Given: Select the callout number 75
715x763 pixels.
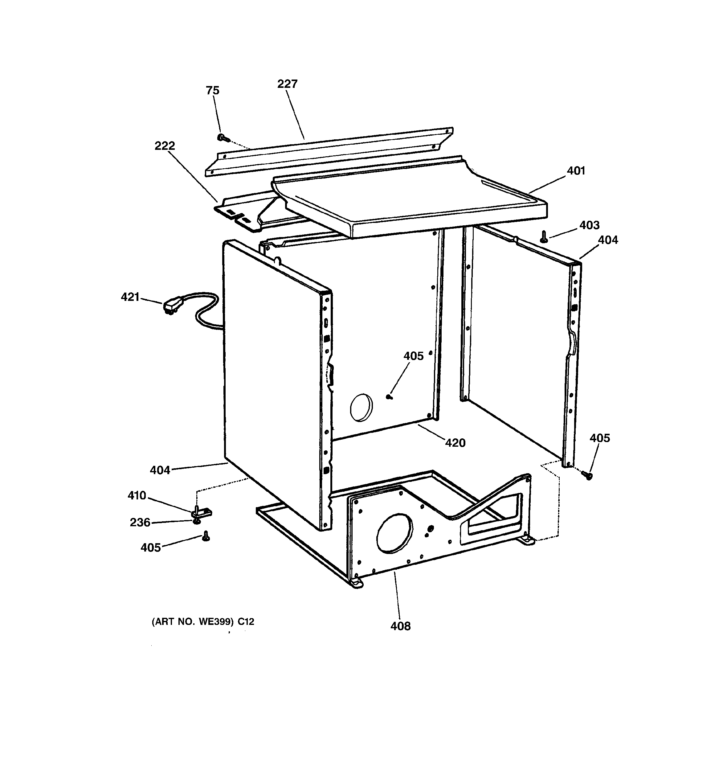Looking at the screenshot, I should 212,91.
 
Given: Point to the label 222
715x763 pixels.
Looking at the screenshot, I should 165,146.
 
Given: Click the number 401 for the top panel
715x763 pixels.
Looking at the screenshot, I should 576,171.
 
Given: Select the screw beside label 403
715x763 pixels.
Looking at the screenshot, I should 543,237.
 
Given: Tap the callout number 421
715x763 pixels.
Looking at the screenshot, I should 130,297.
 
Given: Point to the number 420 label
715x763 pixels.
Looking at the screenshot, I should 455,443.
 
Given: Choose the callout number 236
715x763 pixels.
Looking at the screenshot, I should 140,522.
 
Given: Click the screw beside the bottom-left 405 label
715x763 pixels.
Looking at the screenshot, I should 206,536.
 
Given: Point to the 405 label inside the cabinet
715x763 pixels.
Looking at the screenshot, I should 413,356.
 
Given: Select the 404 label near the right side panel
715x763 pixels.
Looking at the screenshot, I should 608,240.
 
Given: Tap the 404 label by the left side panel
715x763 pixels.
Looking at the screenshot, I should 160,470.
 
